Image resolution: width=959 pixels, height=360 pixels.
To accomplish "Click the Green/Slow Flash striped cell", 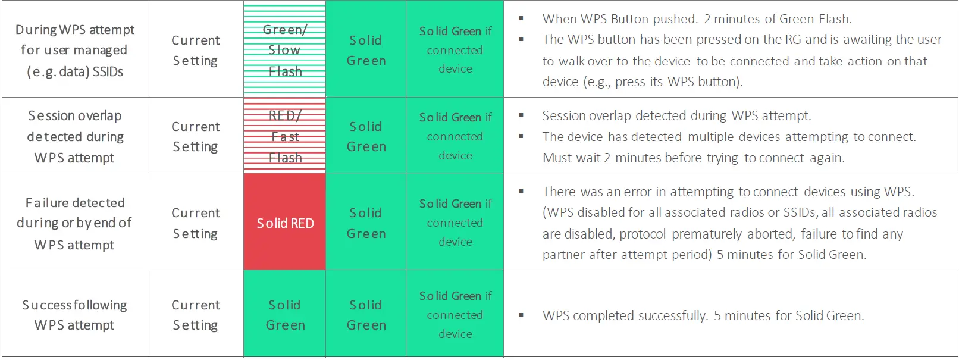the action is point(285,49).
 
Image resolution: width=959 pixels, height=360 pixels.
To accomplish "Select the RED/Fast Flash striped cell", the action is point(285,136).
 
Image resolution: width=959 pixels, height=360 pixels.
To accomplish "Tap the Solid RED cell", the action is point(285,222).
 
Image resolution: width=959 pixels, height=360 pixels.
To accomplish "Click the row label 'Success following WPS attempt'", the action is point(74,315).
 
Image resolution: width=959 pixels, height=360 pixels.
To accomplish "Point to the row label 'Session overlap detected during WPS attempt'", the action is point(75,136).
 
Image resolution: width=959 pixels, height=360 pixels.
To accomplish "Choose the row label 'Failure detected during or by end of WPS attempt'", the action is point(74,223).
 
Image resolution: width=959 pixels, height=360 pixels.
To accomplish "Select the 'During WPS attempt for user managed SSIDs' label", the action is point(75,50).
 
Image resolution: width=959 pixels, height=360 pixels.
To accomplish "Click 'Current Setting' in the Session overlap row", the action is point(195,136).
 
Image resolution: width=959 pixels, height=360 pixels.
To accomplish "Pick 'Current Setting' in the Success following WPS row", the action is point(195,315).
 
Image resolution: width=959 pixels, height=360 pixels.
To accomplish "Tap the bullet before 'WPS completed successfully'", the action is point(521,315).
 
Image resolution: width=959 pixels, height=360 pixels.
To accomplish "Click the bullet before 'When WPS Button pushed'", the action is point(521,18).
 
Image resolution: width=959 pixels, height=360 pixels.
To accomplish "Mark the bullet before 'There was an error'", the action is point(521,192).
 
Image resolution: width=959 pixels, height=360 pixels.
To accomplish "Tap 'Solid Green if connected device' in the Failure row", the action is point(455,222).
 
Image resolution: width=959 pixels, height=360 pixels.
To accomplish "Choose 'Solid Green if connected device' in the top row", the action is point(455,49).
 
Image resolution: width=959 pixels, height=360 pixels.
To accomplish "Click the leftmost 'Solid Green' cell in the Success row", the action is point(285,315).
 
